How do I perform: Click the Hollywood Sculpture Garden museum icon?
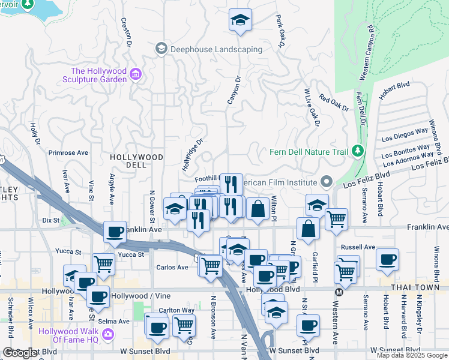(136, 74)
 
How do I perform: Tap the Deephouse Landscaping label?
(217, 49)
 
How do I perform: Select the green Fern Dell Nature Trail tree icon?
(358, 149)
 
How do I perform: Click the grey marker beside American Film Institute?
(326, 181)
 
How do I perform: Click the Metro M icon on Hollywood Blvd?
(339, 292)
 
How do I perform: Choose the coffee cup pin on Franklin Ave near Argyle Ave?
(115, 232)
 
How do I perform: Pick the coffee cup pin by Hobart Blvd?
(387, 260)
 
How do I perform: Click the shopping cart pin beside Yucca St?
(104, 263)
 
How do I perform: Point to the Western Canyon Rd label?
(367, 53)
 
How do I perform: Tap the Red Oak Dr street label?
(334, 103)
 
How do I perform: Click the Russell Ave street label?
(358, 247)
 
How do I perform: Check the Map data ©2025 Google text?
(411, 355)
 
